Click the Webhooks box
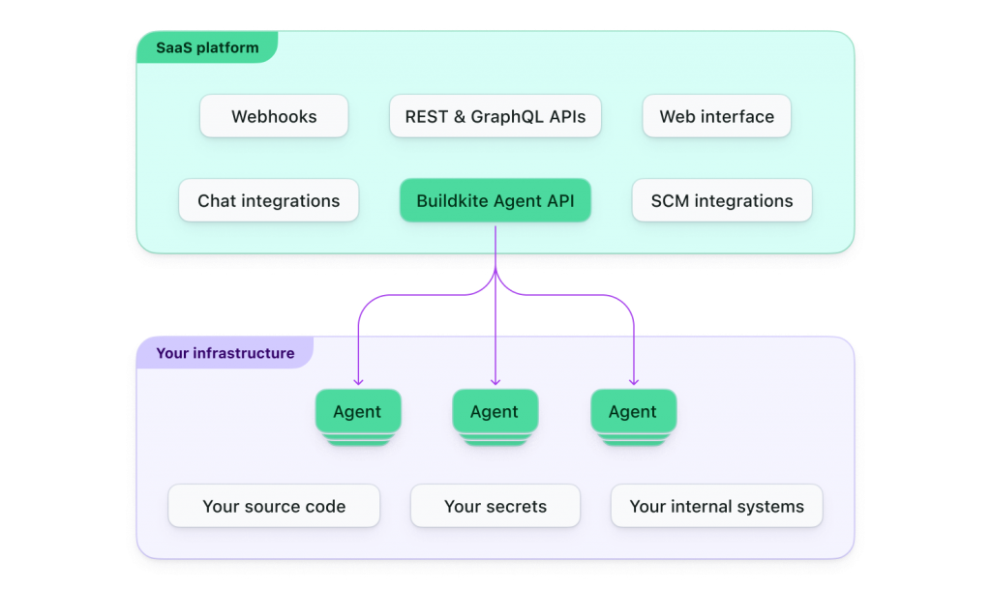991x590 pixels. click(x=274, y=117)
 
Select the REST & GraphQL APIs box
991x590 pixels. click(x=495, y=117)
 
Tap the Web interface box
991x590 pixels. click(x=716, y=117)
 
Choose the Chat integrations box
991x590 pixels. click(x=268, y=201)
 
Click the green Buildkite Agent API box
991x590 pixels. click(x=495, y=201)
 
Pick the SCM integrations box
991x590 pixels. click(x=721, y=201)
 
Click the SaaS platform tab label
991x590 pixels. click(x=207, y=47)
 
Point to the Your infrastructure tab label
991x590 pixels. click(x=225, y=353)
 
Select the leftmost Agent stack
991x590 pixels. click(x=357, y=413)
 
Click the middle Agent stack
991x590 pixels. click(x=495, y=413)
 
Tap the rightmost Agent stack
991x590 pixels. click(x=633, y=413)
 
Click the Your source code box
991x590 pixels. click(x=274, y=506)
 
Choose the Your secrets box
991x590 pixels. click(x=495, y=506)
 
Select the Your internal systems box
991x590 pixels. click(x=716, y=506)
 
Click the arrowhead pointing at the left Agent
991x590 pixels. click(x=358, y=380)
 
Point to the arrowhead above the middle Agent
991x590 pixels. click(x=495, y=380)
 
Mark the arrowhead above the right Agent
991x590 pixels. click(x=634, y=380)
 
